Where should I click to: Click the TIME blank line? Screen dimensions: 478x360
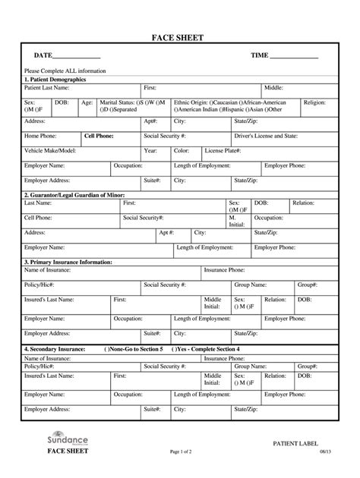click(x=295, y=58)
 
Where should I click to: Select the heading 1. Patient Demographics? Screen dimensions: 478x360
click(x=55, y=79)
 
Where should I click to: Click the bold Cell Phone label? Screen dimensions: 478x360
click(x=99, y=136)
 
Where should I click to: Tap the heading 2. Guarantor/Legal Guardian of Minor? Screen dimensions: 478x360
click(x=74, y=195)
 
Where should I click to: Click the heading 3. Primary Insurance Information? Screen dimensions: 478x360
click(x=68, y=261)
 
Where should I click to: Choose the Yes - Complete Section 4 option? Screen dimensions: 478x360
click(x=209, y=349)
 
